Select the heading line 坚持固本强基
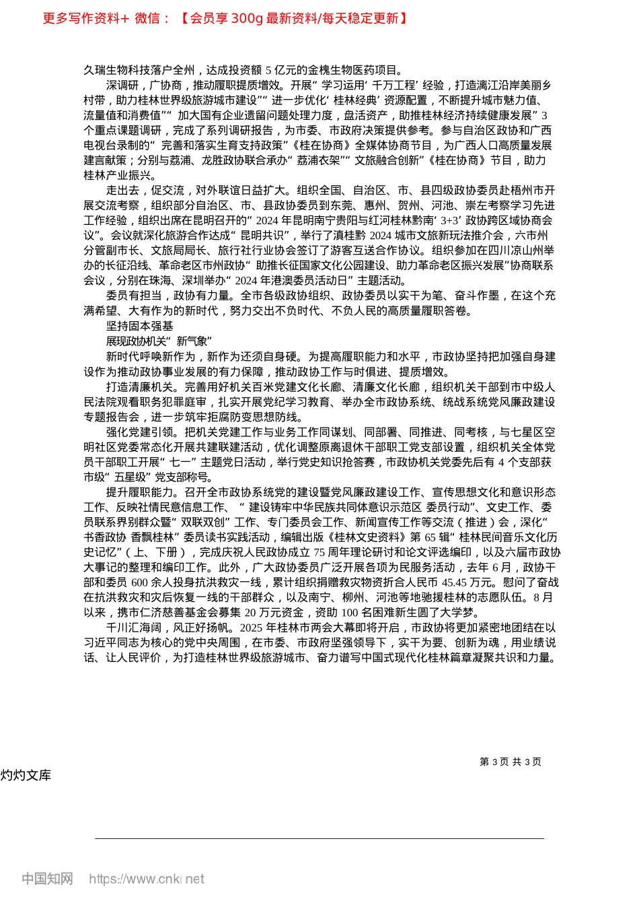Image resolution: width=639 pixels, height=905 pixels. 139,326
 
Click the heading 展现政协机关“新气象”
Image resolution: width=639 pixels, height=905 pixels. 159,341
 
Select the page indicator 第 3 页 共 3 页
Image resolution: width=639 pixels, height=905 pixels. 510,762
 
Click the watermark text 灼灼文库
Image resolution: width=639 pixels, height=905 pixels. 26,775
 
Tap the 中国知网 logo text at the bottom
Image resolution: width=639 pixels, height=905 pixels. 47,879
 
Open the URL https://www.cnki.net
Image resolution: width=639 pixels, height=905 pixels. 146,879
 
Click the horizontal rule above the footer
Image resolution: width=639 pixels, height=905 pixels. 319,838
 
